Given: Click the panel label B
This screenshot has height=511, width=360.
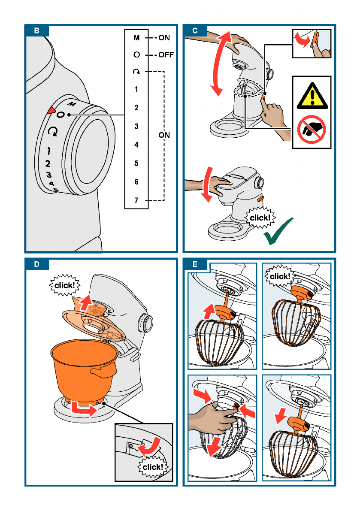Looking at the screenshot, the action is [36, 30].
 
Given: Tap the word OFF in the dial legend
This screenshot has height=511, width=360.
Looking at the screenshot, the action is [166, 55].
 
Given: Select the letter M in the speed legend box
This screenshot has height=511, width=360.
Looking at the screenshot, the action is [136, 38].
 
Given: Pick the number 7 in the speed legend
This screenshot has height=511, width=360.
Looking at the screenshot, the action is [136, 200].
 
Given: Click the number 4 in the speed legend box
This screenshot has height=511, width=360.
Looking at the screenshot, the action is [136, 145].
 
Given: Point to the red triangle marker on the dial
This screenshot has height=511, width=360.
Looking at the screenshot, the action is [51, 110].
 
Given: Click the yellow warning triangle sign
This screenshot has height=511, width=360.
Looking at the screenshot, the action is [312, 96].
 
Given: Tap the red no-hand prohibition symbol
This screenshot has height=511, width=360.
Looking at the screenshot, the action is [312, 130].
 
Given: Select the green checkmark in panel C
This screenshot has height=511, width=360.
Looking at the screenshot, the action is [278, 231].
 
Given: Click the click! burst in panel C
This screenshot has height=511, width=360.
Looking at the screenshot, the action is [260, 218].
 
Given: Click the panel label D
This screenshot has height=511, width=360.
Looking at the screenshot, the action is [36, 264].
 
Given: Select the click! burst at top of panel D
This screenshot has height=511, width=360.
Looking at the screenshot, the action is [64, 285].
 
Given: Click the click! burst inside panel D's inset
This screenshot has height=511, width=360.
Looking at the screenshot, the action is [153, 467].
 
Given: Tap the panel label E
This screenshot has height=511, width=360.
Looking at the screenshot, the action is [195, 264].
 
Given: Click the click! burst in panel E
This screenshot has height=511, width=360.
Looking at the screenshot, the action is [279, 276].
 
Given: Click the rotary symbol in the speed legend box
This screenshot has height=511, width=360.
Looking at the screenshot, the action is [136, 71].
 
